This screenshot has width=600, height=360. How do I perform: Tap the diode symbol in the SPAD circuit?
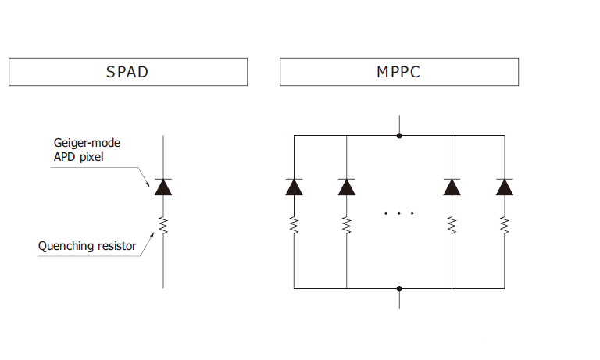pos(163,187)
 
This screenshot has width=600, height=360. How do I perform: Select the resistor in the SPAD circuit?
pos(163,226)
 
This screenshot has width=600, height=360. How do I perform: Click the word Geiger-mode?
pos(85,143)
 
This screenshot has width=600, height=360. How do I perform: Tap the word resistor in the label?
pos(114,247)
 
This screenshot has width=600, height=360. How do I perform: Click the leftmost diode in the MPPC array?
pos(294,187)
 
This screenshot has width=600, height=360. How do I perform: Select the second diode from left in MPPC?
pos(346,187)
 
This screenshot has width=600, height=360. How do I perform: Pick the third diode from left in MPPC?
pos(452,187)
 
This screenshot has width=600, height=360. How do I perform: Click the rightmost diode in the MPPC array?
pos(505,187)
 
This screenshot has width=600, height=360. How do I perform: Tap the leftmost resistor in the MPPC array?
pos(294,225)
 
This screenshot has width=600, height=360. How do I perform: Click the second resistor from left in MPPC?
pos(346,225)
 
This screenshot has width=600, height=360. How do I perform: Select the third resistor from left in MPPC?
pos(452,225)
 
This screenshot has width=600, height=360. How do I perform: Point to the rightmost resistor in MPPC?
pos(505,225)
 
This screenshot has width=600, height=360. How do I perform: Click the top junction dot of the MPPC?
pos(399,136)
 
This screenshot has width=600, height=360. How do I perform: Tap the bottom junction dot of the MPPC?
pos(399,288)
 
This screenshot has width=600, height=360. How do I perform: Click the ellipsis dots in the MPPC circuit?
pos(399,213)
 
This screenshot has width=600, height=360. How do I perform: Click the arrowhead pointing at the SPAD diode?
pos(148,184)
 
